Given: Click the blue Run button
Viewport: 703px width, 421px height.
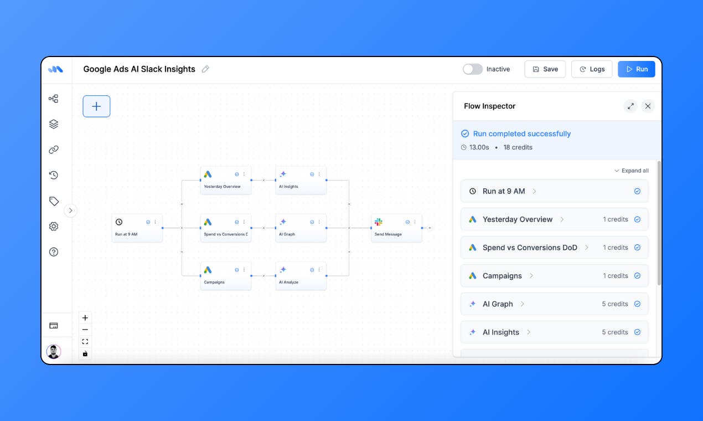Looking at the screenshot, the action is [636, 69].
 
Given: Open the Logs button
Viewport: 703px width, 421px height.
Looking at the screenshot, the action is [592, 69].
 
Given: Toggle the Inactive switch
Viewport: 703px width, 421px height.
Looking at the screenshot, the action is [472, 69].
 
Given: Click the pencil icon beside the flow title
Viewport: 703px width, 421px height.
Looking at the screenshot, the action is [205, 69].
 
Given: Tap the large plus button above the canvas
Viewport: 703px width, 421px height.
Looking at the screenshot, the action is [96, 106].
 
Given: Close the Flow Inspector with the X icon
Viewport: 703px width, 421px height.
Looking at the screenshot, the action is [648, 106].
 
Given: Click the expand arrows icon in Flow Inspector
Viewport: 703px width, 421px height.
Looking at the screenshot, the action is [630, 106].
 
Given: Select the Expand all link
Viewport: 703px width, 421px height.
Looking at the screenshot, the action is [632, 171].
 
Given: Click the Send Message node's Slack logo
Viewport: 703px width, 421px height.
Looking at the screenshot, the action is [379, 222].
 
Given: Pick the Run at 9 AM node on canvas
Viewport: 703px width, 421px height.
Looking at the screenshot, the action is [137, 228].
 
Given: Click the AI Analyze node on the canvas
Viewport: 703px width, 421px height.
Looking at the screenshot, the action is [301, 276].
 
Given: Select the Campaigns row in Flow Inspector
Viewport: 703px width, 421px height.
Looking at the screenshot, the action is [554, 275].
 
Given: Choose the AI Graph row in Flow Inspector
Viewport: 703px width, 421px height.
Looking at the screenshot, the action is [554, 304].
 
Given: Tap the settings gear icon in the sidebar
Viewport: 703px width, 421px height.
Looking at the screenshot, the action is [54, 226].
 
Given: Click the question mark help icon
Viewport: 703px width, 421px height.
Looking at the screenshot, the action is [54, 252].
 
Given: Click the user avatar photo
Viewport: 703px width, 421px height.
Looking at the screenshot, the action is [54, 352].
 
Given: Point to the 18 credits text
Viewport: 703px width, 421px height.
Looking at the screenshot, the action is [518, 147].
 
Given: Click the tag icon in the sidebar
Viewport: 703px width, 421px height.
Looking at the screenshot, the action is [54, 201].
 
